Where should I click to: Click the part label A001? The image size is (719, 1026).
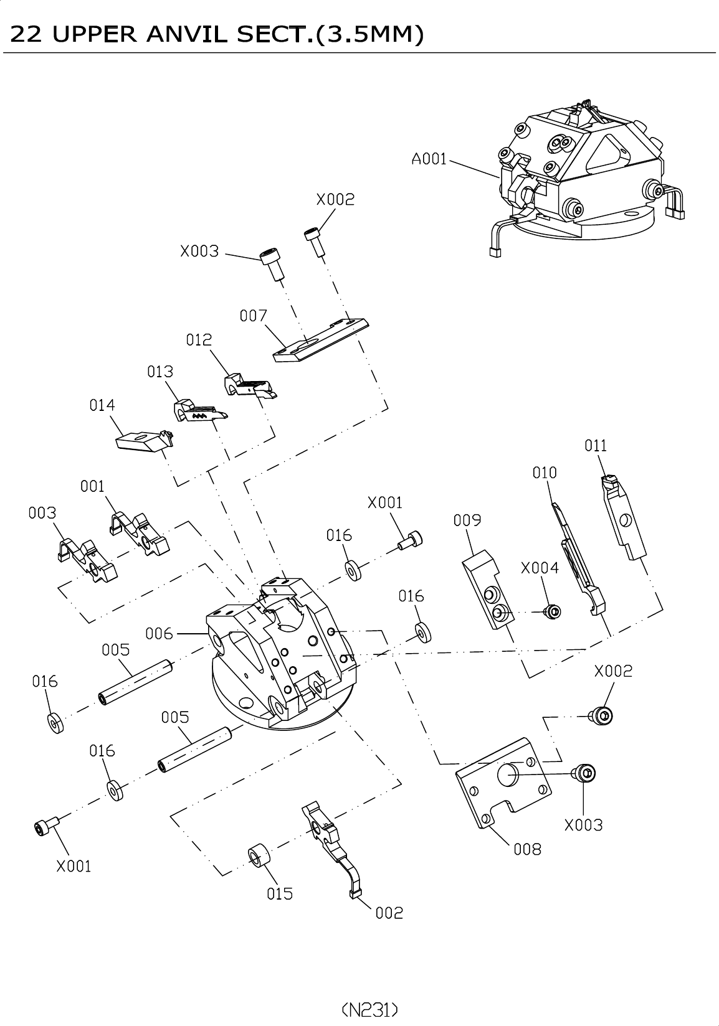pyautogui.click(x=429, y=159)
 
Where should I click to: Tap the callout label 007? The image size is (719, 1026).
pyautogui.click(x=253, y=316)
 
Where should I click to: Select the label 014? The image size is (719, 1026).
pyautogui.click(x=102, y=405)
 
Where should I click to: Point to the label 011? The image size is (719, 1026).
pyautogui.click(x=595, y=445)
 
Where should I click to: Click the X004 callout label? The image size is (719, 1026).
pyautogui.click(x=540, y=568)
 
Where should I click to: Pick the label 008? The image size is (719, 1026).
pyautogui.click(x=528, y=850)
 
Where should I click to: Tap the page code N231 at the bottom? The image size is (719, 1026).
pyautogui.click(x=370, y=1009)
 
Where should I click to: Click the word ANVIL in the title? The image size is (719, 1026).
pyautogui.click(x=186, y=34)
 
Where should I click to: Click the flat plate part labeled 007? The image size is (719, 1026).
pyautogui.click(x=320, y=340)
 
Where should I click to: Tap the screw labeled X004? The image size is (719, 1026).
pyautogui.click(x=552, y=611)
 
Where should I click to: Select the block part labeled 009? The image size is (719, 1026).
pyautogui.click(x=488, y=590)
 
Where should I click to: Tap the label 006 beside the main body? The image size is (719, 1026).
pyautogui.click(x=159, y=633)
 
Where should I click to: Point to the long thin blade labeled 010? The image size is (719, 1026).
pyautogui.click(x=578, y=558)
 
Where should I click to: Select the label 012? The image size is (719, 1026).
pyautogui.click(x=199, y=339)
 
